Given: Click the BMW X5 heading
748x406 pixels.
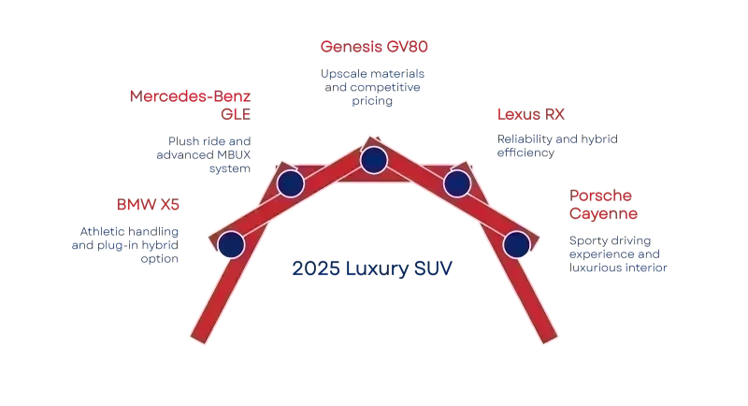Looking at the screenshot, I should pyautogui.click(x=145, y=205).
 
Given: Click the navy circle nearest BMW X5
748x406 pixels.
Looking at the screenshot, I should pyautogui.click(x=231, y=245).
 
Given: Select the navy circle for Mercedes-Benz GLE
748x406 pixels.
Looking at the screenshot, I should pyautogui.click(x=290, y=183).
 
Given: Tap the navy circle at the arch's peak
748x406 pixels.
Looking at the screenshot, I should pyautogui.click(x=374, y=160).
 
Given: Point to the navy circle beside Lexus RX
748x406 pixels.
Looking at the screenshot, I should pyautogui.click(x=457, y=183).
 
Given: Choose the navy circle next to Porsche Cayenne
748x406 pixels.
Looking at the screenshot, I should pyautogui.click(x=516, y=245).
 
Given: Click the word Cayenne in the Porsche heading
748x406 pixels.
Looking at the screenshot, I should pyautogui.click(x=603, y=215).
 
